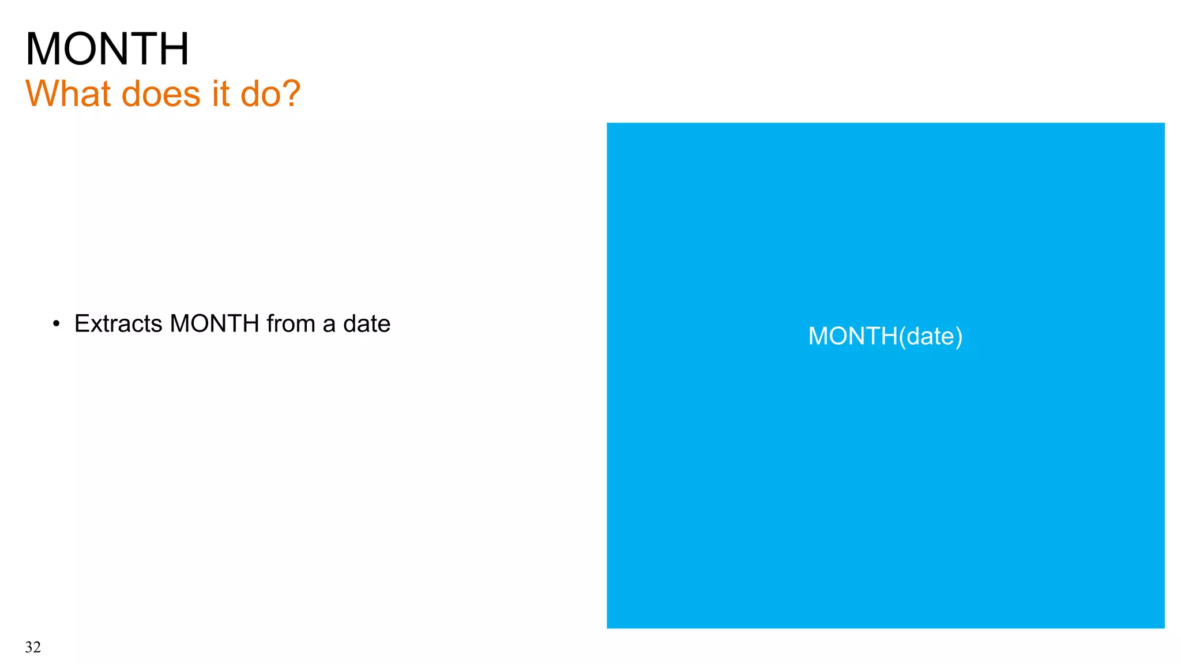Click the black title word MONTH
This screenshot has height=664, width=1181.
107,49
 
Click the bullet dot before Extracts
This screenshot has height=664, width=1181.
56,324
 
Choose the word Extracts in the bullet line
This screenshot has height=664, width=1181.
118,324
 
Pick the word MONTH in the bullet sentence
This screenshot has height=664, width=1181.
215,324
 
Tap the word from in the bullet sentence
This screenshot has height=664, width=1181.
291,324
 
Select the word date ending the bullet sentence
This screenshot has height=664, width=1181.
367,324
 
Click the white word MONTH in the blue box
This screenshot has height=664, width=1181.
852,336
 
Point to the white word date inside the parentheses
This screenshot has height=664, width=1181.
931,336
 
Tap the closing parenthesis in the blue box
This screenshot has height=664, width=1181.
959,337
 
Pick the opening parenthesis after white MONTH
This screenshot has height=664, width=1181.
902,337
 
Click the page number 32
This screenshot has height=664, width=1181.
33,647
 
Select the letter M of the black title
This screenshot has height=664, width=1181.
44,49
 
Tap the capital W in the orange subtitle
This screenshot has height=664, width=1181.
42,93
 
